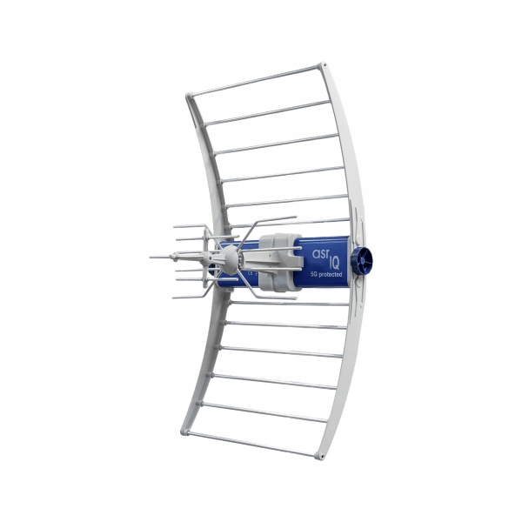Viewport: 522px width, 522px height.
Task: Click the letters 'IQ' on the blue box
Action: pyautogui.click(x=333, y=260)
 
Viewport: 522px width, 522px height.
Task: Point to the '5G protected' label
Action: pyautogui.click(x=326, y=275)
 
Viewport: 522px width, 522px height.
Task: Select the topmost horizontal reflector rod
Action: pyautogui.click(x=256, y=79)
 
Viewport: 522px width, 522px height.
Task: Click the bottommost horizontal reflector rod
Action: pyautogui.click(x=252, y=443)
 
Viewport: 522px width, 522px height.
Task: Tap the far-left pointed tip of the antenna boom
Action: pyautogui.click(x=151, y=257)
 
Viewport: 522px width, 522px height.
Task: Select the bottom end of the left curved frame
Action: pyautogui.click(x=186, y=428)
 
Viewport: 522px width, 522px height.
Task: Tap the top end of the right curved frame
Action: pyautogui.click(x=324, y=66)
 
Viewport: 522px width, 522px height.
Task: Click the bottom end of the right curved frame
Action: pyautogui.click(x=321, y=454)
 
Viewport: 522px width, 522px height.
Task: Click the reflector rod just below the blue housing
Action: pyautogui.click(x=287, y=301)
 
